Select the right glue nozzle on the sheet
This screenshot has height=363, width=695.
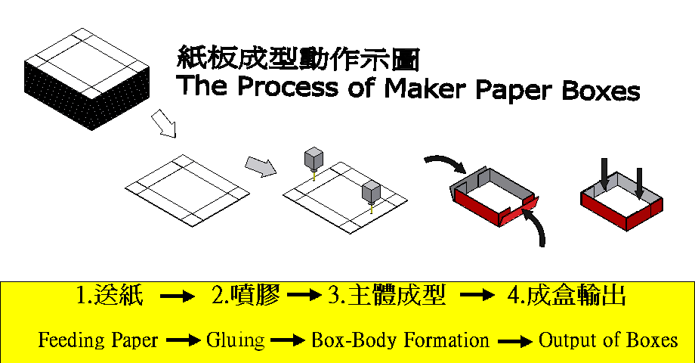tap(371, 192)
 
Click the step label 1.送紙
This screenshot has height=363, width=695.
tap(110, 296)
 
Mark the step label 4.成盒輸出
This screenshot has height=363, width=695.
tap(566, 296)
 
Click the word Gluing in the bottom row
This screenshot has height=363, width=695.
tap(235, 340)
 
